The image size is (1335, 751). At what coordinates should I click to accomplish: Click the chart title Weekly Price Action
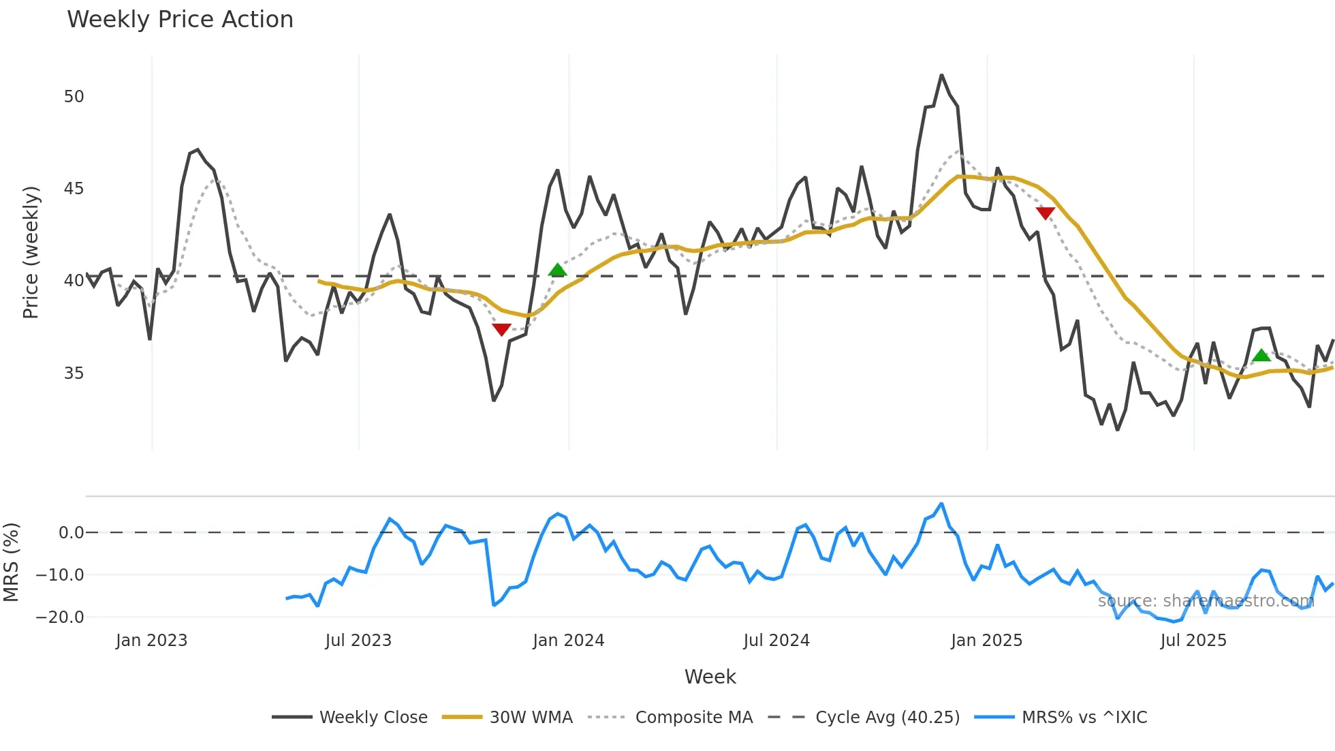[x=180, y=20]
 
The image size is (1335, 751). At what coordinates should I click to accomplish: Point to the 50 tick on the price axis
[x=74, y=97]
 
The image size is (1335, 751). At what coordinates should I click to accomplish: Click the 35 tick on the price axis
[x=74, y=373]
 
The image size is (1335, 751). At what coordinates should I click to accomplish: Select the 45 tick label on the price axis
[x=74, y=189]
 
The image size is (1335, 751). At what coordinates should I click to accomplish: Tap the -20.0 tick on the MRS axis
[x=60, y=617]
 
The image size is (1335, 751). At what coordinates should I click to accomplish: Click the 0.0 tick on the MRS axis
[x=71, y=533]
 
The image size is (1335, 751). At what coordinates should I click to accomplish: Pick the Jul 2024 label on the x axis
[x=776, y=641]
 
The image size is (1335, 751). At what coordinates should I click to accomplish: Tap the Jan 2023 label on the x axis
[x=151, y=641]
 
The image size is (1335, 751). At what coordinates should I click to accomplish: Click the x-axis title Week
[x=710, y=677]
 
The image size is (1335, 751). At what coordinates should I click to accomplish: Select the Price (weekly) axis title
[x=31, y=252]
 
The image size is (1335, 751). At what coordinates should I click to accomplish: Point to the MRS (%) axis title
[x=11, y=562]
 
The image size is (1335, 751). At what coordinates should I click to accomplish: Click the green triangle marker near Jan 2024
[x=557, y=271]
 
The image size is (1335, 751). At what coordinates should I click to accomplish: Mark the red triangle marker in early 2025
[x=1045, y=213]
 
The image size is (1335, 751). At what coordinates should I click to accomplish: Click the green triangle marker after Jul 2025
[x=1261, y=356]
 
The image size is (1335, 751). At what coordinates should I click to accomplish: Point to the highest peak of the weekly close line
[x=941, y=75]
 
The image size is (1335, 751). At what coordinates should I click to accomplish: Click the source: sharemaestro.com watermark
[x=1206, y=601]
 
